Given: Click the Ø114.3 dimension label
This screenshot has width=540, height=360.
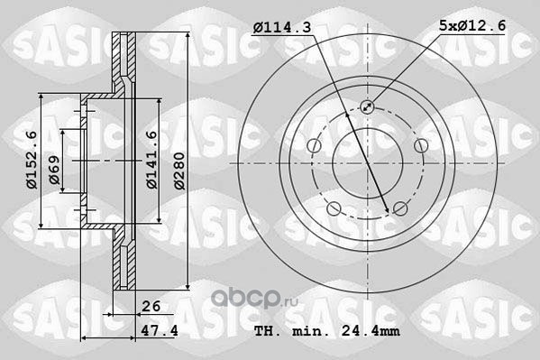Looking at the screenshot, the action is [281, 27].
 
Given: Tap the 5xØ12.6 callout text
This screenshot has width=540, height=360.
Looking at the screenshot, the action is [472, 25].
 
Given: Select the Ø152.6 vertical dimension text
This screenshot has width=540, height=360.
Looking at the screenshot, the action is [32, 160].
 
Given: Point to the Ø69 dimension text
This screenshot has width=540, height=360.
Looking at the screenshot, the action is [54, 170].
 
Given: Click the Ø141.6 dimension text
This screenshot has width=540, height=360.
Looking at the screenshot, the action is [151, 160].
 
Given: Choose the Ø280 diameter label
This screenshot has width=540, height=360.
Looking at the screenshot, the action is [179, 171].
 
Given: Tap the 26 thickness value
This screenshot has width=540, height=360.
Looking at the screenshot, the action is [151, 306].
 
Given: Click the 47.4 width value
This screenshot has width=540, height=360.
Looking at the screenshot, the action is [160, 331].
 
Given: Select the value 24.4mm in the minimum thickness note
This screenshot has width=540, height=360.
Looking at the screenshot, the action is [371, 331].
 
